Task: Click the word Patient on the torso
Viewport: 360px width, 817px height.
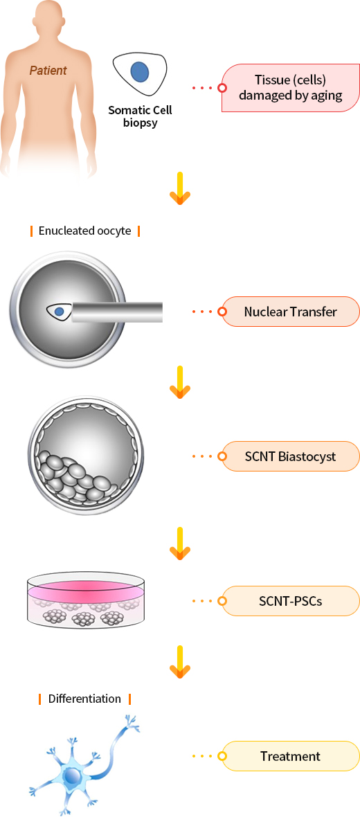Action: point(48,71)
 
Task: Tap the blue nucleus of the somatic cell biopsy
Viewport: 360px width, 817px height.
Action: point(139,72)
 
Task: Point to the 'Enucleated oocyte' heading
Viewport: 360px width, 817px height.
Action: point(85,231)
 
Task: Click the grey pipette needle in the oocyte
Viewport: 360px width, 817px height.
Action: point(117,312)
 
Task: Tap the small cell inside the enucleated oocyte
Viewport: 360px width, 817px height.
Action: point(58,311)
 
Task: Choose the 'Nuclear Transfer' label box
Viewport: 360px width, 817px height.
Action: point(291,312)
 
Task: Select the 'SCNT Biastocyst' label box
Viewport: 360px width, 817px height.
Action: point(291,456)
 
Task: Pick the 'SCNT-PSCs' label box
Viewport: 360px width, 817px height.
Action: point(291,601)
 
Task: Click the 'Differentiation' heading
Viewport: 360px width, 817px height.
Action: point(85,698)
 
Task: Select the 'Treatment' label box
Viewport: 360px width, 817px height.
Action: point(291,755)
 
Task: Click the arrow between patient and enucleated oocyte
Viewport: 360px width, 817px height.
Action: point(180,188)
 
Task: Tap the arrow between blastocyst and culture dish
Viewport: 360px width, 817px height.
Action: point(180,544)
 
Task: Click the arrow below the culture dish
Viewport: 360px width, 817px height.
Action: point(180,662)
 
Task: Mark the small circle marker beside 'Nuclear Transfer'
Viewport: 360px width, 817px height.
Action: point(222,312)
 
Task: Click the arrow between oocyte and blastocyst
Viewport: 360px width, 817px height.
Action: point(180,382)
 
